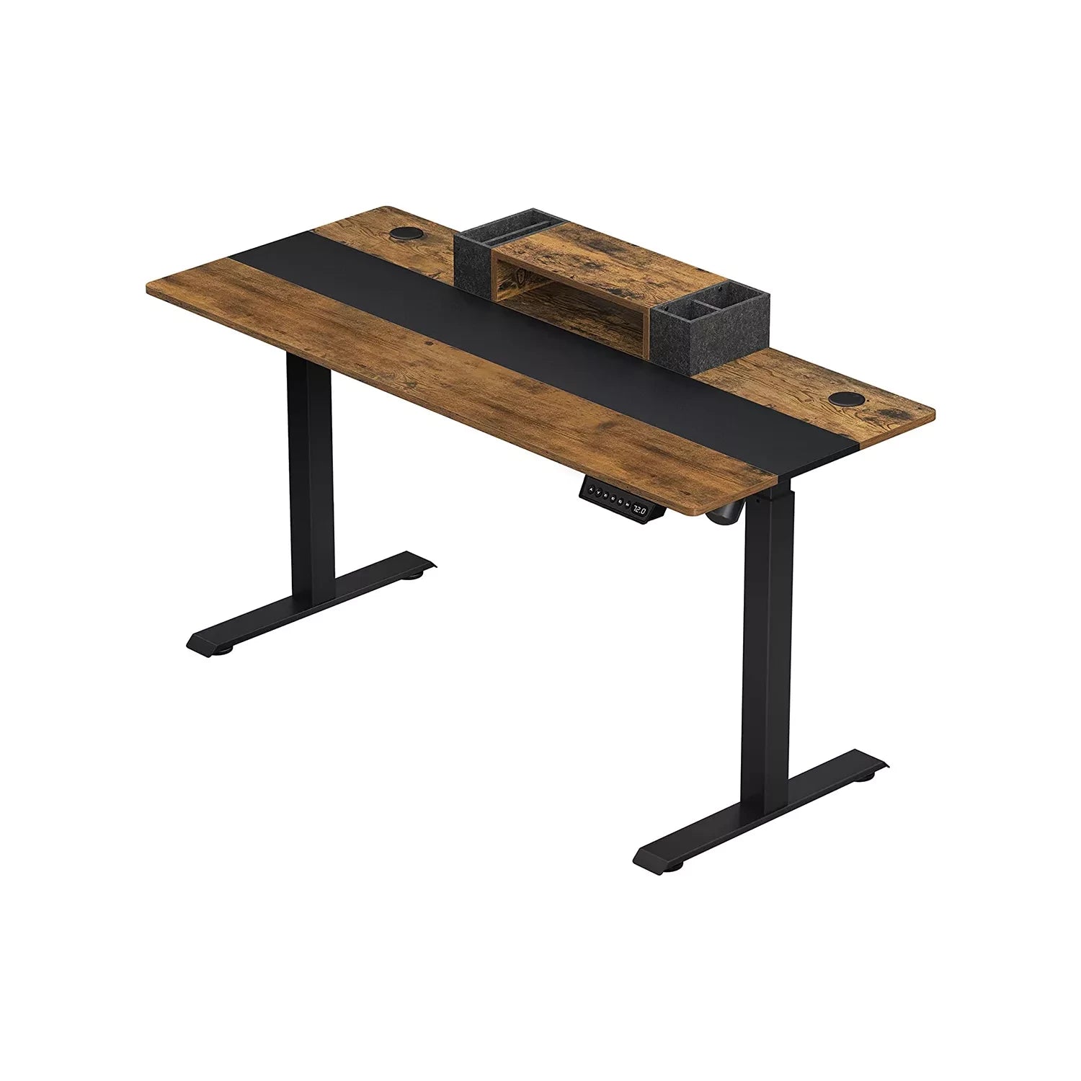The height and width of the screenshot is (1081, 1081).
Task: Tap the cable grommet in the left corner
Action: click(x=406, y=233)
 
